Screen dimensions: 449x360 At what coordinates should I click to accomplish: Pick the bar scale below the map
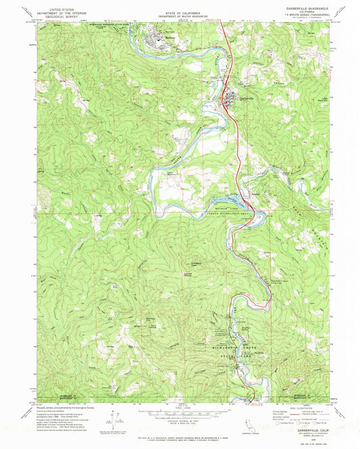coord(180,413)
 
